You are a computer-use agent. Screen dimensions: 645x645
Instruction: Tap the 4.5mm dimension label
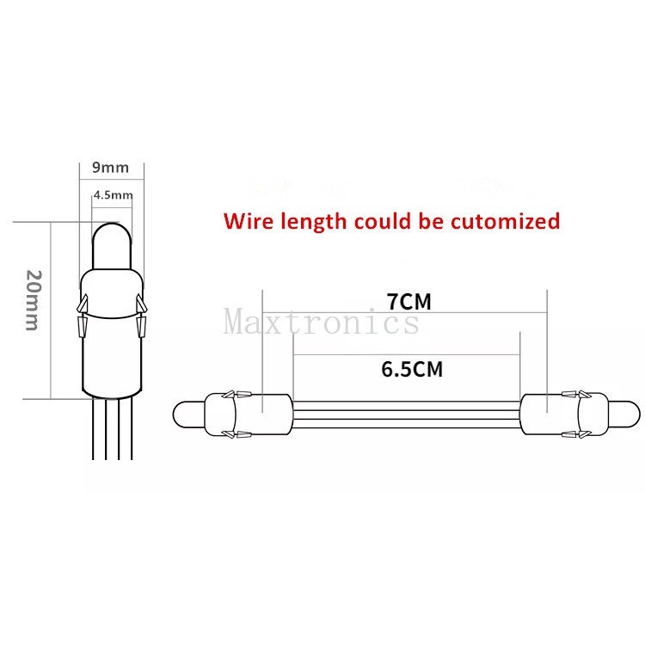pos(113,195)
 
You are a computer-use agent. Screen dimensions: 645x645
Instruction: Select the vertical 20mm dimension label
pos(33,301)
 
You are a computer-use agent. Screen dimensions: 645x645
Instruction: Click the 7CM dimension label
pos(409,302)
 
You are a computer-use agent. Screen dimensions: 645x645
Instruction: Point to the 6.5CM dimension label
pos(411,369)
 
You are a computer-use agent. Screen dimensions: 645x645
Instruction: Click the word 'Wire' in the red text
pos(249,221)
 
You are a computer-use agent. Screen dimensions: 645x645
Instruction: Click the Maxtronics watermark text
pos(322,322)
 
